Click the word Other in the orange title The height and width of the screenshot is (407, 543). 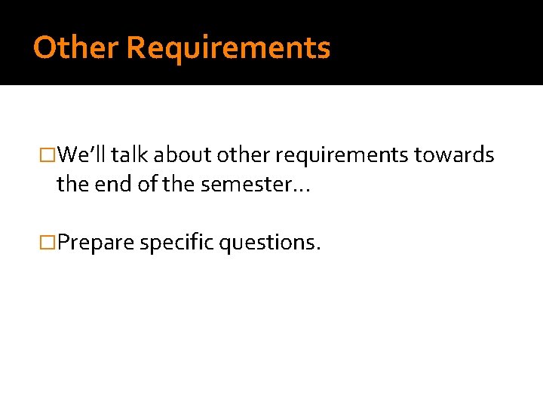coord(75,47)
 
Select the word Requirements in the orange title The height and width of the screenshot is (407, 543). coord(228,47)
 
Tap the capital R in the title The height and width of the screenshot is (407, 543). coord(136,47)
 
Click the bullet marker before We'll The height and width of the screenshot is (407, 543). coord(50,156)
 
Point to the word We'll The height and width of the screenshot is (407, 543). coord(83,155)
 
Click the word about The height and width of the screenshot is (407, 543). coord(183,155)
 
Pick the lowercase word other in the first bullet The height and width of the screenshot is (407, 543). coord(242,155)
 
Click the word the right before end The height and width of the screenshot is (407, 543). coord(72,184)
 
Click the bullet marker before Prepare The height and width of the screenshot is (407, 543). coord(50,243)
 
